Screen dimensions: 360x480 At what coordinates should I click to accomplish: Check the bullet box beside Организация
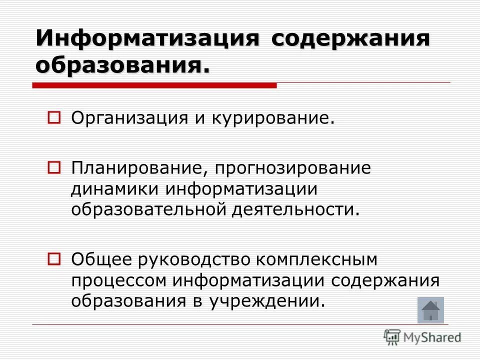tap(54, 118)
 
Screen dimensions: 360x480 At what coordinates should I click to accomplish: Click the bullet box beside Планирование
tap(54, 165)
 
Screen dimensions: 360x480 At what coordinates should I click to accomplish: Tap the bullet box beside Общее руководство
tap(54, 258)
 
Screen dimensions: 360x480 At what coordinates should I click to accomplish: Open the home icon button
tap(430, 310)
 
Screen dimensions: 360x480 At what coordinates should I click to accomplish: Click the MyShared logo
tap(422, 337)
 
